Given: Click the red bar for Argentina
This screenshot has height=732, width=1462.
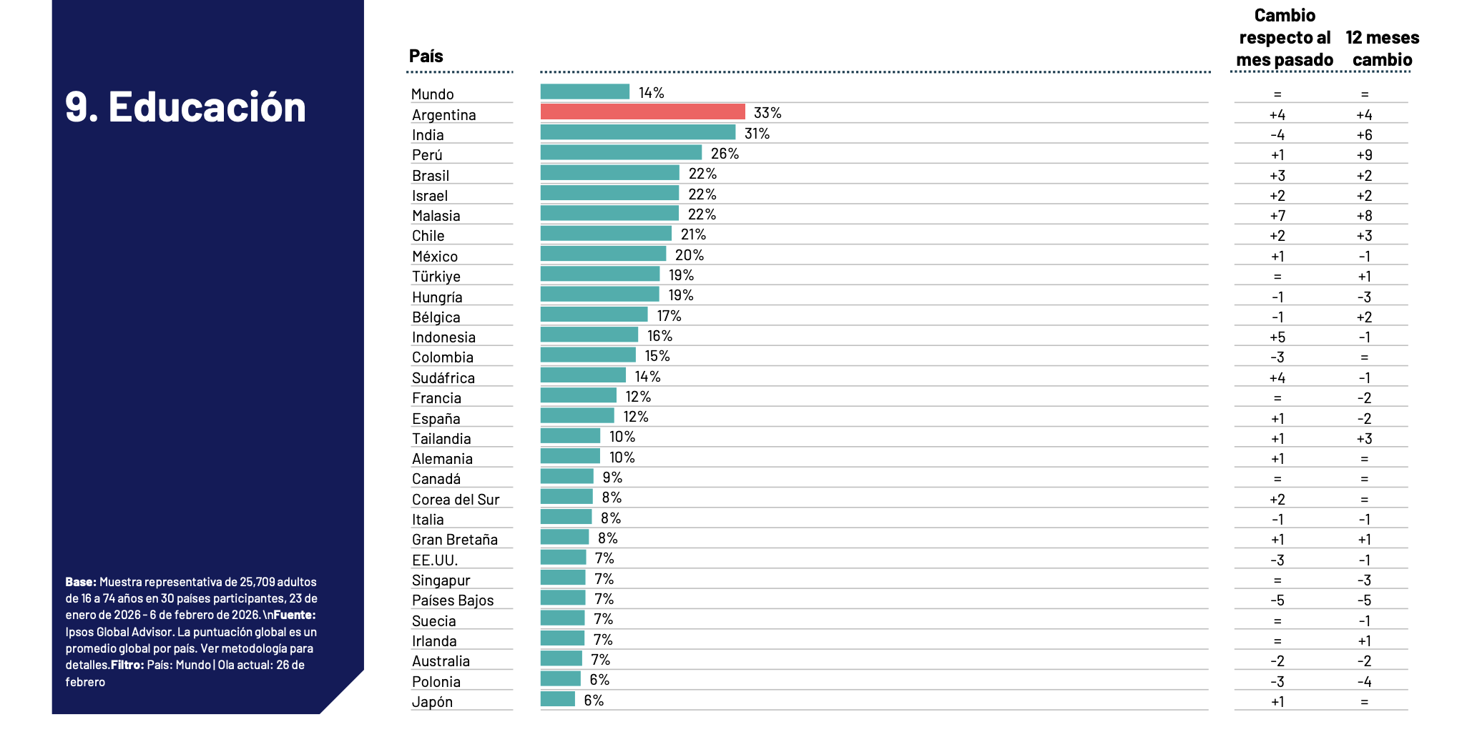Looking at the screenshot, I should (642, 112).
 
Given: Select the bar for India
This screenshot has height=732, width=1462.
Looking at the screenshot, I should (637, 133).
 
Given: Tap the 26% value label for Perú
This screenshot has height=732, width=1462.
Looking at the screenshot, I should (725, 154).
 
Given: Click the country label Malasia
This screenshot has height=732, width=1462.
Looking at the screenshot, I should (436, 216).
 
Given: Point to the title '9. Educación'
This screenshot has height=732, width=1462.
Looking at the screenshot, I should (185, 107).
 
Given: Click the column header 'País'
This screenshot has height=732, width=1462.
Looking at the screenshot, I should (426, 56).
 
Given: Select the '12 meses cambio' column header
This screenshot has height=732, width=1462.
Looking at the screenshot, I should (1382, 49).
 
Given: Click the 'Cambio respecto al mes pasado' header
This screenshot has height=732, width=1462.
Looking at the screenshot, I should (1285, 38).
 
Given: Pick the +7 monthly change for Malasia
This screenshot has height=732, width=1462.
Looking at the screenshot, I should (1277, 216).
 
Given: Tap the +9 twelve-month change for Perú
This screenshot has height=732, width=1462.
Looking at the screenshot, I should (1364, 155).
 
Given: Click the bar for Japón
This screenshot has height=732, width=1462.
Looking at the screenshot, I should (557, 699).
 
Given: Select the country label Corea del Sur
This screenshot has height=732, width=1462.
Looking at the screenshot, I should (456, 500).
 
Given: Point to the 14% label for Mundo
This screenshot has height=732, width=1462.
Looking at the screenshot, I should (651, 93).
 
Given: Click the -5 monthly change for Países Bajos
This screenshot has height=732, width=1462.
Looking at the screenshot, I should (1277, 600).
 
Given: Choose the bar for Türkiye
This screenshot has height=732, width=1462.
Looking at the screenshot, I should (599, 274).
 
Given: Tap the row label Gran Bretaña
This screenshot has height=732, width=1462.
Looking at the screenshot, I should (454, 540).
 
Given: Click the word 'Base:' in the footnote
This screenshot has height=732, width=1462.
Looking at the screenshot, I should (81, 582).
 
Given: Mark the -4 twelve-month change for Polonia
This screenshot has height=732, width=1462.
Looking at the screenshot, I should (1364, 682).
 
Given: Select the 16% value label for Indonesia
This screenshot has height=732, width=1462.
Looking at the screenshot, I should (659, 336).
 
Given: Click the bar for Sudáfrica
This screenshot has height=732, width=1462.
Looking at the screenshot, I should (583, 376).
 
